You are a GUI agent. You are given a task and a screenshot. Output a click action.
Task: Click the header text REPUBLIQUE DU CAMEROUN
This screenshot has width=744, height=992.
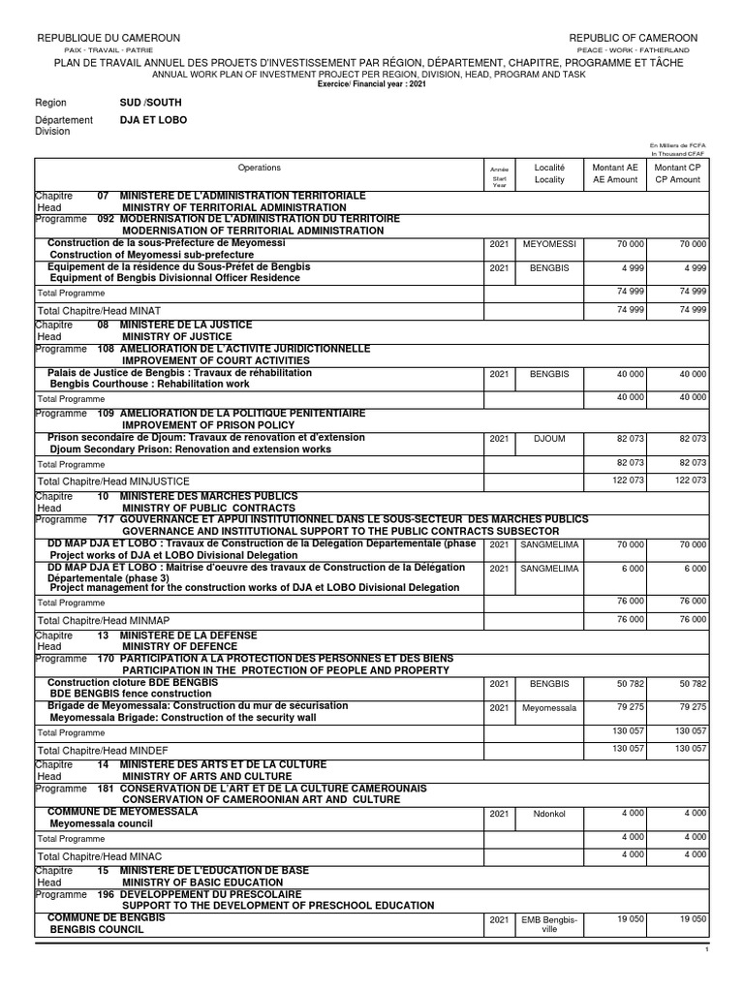coord(108,38)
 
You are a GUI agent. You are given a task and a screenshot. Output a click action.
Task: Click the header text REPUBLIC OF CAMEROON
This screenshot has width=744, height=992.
coord(634,38)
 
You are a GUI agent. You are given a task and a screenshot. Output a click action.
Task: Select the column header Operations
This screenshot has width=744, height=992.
coord(259,168)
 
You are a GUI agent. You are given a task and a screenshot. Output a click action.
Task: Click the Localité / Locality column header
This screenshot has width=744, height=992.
coord(549,173)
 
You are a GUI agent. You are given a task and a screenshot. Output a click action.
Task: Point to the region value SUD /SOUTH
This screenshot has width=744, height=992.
coord(150,102)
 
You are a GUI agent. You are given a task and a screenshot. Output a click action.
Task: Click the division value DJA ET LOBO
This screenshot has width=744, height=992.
coord(153,120)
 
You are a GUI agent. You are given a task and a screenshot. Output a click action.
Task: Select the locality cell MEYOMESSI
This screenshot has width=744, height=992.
coord(549,244)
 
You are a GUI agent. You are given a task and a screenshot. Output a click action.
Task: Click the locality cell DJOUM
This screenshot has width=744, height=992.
coord(549,439)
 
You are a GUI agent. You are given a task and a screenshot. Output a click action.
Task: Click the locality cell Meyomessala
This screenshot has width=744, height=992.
coord(549,708)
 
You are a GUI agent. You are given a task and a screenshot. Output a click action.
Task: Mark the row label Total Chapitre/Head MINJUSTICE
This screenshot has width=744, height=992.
coord(113,480)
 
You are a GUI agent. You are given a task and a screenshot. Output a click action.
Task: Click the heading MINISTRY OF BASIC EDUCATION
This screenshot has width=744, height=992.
coord(207,883)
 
